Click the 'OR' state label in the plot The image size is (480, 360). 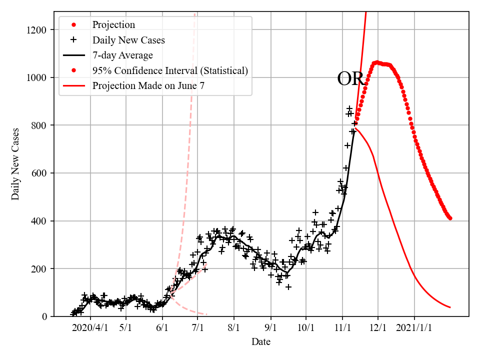click(x=350, y=79)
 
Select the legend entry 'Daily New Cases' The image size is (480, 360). click(x=128, y=40)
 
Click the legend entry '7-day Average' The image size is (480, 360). click(x=122, y=55)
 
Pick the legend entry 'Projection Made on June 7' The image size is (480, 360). click(x=148, y=86)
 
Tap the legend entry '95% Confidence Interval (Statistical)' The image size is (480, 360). click(x=170, y=70)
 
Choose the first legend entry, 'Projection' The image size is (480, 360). click(x=113, y=24)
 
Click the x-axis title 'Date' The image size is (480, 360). click(x=261, y=342)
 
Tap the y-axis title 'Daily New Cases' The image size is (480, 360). click(x=16, y=164)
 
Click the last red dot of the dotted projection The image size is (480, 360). click(x=450, y=218)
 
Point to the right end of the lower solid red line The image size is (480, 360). click(x=450, y=307)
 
